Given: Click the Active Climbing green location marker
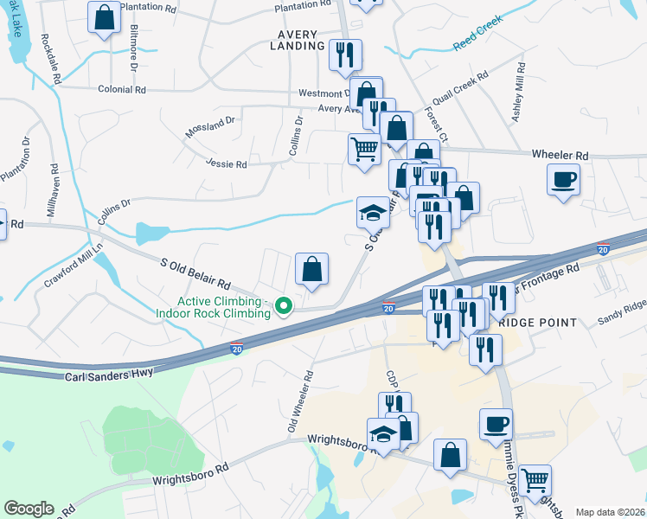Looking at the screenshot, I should (x=283, y=305).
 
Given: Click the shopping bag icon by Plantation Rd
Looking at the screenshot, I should (x=104, y=17).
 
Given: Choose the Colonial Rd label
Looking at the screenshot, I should (x=121, y=89).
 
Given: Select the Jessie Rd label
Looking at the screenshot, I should (x=227, y=163).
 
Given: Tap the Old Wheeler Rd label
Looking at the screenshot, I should (x=299, y=402).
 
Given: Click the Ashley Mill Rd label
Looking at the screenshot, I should (x=519, y=96).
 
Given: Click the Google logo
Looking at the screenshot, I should (x=29, y=509).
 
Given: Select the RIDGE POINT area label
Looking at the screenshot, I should (x=538, y=323).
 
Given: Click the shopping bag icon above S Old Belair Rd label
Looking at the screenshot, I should (x=311, y=270).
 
